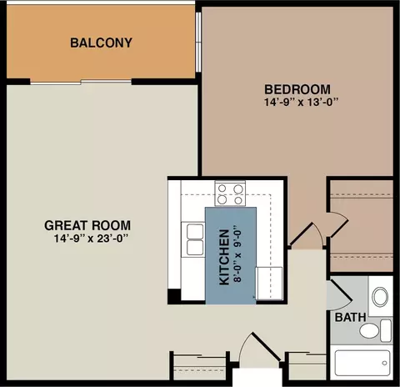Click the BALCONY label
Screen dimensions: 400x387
click(101, 43)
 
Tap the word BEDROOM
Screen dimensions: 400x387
click(297, 89)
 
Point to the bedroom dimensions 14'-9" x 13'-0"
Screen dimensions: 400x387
click(302, 102)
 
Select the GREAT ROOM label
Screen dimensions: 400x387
click(87, 225)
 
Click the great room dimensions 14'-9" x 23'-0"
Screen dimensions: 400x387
click(91, 239)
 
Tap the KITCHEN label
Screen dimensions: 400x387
click(224, 258)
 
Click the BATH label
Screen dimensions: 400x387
click(350, 317)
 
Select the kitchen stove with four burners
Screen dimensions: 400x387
click(230, 193)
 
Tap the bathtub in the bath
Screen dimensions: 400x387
click(362, 363)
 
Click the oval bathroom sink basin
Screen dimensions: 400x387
click(380, 297)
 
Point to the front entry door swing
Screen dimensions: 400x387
click(260, 349)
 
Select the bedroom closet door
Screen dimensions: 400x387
click(337, 224)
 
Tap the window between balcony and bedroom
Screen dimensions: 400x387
click(198, 43)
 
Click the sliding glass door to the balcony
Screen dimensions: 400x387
click(81, 82)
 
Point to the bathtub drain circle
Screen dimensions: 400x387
click(384, 363)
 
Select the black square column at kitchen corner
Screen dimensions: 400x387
click(175, 295)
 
